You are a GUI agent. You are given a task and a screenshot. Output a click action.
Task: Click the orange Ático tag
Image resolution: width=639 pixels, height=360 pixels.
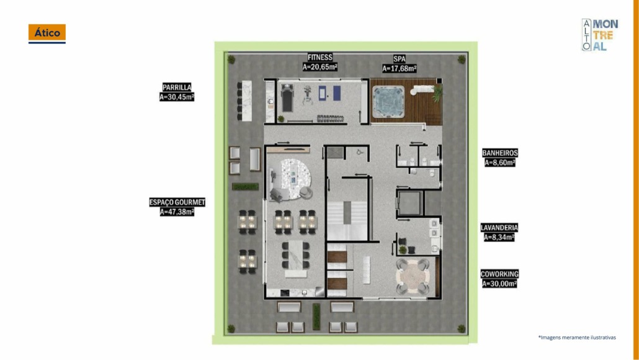coord(47,34)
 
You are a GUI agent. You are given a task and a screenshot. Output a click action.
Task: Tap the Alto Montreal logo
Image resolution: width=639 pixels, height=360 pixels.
coord(599,35)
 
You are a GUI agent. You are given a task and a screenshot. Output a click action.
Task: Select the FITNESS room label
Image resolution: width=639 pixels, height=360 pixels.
coord(320,58)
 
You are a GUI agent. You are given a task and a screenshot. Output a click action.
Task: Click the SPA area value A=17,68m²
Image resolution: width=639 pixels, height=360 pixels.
coord(400,68)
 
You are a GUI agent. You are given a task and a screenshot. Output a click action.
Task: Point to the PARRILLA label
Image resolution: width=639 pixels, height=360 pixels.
coord(177,88)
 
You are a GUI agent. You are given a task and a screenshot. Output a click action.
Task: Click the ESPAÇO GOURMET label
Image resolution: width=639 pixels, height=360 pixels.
coord(177,202)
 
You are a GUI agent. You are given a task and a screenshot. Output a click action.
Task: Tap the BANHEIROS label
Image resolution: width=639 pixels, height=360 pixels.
coord(500,153)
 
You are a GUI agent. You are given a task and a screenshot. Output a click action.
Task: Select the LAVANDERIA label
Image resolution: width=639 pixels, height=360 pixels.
coord(499,228)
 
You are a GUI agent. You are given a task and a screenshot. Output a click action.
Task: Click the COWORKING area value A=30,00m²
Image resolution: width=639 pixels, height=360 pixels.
coord(499,284)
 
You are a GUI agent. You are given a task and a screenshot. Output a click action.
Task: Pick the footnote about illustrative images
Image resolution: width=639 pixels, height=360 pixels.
coord(577,338)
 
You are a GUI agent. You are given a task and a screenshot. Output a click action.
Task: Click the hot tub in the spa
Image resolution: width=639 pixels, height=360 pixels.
coord(388,102)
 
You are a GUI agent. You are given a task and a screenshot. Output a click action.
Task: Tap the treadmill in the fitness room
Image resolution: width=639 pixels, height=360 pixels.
coord(287,98)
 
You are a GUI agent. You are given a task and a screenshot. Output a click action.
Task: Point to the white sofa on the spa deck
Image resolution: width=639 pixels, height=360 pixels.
coord(422,89)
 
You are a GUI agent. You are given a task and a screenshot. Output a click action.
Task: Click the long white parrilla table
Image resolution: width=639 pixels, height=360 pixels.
coord(246,101)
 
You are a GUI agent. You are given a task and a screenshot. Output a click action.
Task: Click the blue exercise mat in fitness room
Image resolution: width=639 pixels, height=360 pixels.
coord(337,93)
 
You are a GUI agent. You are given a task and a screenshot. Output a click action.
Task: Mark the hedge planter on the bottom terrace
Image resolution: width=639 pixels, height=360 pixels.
coord(316,317)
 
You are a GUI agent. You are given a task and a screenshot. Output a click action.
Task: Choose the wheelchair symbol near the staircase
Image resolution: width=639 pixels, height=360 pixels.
coord(359,153)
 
